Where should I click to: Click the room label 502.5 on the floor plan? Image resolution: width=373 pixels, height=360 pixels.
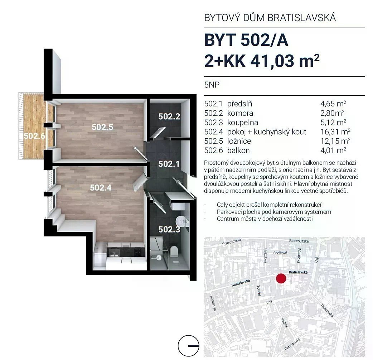click(102, 127)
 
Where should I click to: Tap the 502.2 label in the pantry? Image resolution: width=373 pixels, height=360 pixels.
click(169, 116)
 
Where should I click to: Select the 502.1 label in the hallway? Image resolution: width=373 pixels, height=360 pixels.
click(169, 164)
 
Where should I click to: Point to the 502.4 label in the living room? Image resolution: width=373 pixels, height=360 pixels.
click(101, 188)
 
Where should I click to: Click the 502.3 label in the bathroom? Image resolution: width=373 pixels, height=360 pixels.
click(169, 229)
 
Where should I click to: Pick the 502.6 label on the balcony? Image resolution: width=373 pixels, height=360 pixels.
click(34, 136)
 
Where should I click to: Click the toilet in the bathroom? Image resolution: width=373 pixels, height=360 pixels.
click(174, 251)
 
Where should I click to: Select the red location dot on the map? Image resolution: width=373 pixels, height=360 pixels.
click(281, 278)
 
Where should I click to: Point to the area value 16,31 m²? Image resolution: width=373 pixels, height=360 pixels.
click(335, 132)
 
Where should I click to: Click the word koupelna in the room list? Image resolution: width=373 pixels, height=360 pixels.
click(243, 123)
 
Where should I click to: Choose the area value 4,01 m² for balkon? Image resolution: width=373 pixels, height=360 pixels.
click(333, 150)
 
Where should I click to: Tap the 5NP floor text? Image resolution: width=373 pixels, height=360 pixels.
click(212, 85)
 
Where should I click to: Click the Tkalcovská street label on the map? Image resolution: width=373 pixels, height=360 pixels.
click(327, 310)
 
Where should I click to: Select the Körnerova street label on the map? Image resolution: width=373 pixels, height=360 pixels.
click(213, 303)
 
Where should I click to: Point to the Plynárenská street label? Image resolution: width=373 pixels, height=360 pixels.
click(292, 344)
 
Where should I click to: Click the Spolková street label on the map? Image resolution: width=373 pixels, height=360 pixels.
click(280, 253)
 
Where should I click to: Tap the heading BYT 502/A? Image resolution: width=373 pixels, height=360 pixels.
click(246, 40)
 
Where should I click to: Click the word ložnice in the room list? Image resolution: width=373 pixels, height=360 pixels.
click(239, 141)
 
